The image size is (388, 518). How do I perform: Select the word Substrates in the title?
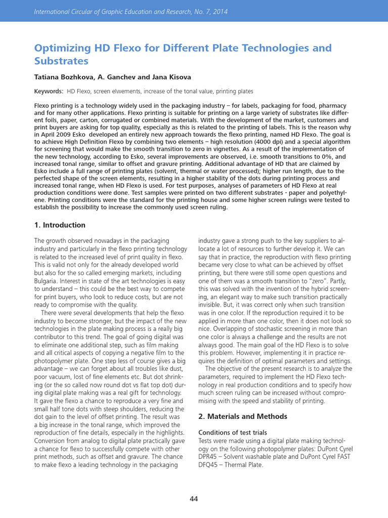(61, 61)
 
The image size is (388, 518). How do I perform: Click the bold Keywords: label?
(48, 91)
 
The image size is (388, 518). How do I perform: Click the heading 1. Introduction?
(60, 225)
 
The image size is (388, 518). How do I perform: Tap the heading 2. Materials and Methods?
(243, 416)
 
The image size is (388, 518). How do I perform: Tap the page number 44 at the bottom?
(194, 499)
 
